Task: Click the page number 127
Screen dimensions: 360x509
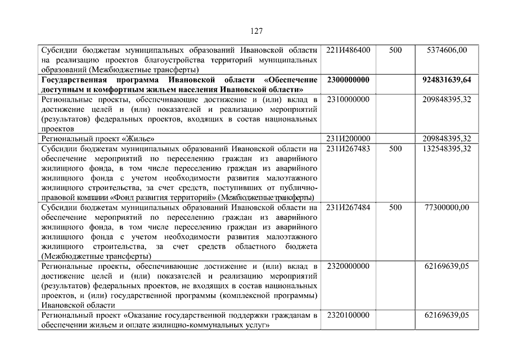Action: [x=254, y=31]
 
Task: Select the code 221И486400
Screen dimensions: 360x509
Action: [x=348, y=50]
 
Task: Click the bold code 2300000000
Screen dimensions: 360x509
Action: [x=348, y=80]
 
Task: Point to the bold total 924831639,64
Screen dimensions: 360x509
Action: [x=447, y=80]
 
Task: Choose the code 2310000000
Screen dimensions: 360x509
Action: [x=348, y=100]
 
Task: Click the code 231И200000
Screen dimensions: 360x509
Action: [x=348, y=138]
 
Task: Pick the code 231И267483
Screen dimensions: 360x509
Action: [x=348, y=148]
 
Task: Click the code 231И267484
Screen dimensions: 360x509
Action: [x=348, y=207]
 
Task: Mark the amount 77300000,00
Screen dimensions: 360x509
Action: [x=447, y=207]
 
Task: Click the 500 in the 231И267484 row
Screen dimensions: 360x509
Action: [x=395, y=207]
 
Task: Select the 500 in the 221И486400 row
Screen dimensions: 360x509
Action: [x=395, y=50]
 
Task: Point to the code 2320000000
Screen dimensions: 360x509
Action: [x=348, y=265]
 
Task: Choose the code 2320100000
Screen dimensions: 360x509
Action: [x=348, y=315]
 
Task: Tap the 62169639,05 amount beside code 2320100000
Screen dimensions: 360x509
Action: [x=447, y=315]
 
